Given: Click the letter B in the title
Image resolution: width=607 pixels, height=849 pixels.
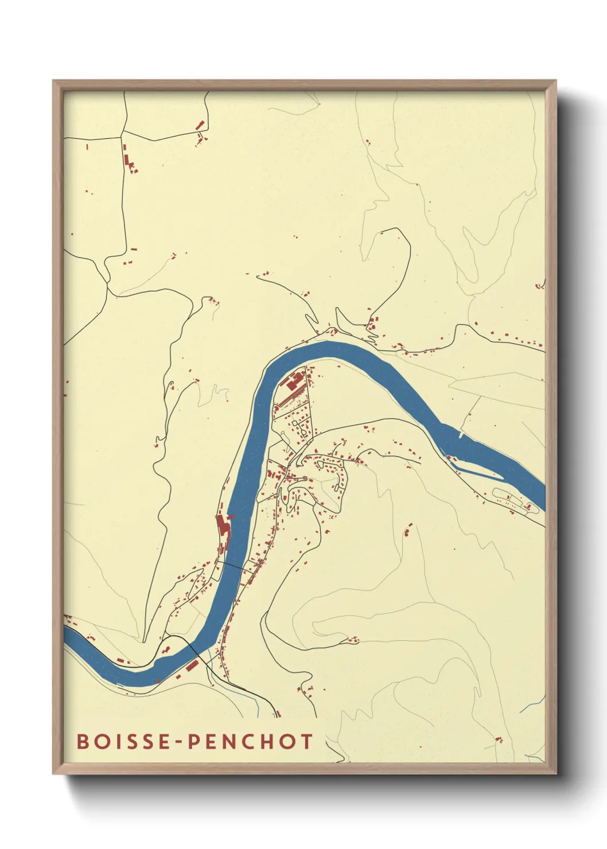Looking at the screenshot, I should [x=83, y=741].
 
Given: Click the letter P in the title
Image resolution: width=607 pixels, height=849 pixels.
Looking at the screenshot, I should [x=194, y=741].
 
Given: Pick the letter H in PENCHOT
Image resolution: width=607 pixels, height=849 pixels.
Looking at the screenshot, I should [x=266, y=741].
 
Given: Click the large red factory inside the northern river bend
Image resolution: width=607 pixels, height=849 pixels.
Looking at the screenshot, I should [x=294, y=381].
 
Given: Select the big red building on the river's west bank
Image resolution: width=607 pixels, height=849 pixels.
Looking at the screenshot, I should [x=222, y=526].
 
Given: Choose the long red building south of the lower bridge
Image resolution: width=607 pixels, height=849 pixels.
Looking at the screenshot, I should [x=191, y=665].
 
